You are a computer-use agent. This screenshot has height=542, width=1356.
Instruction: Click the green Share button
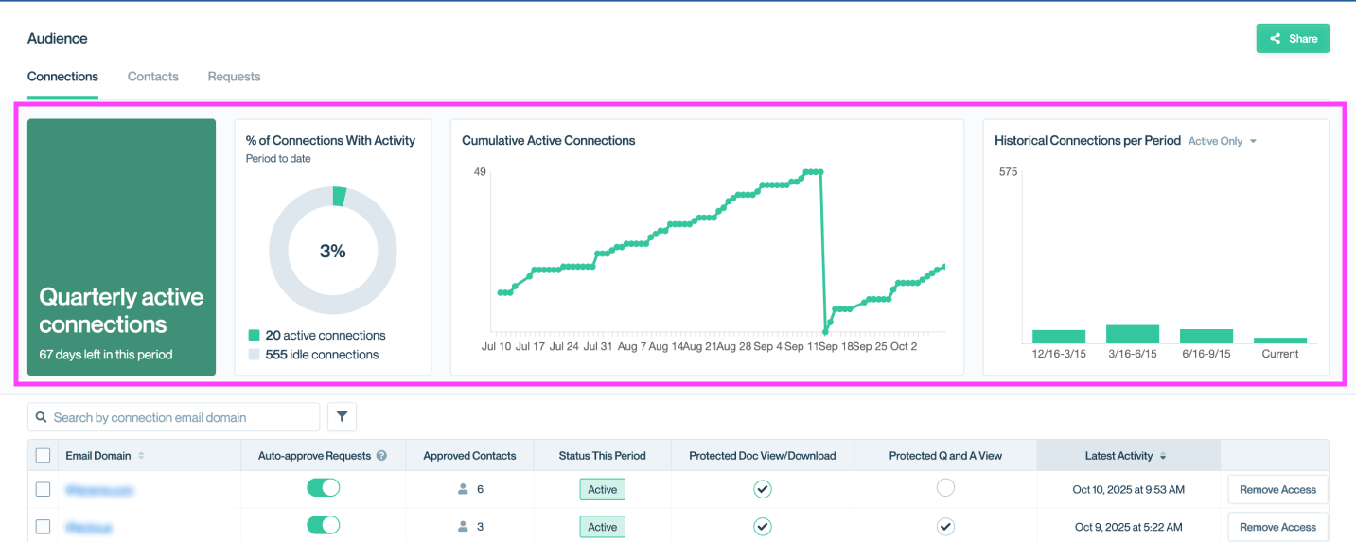pos(1292,39)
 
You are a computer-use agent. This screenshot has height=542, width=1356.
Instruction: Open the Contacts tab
pos(153,77)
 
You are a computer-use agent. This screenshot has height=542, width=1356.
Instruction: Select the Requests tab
pos(234,77)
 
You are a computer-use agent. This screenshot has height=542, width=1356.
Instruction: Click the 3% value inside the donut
pos(332,252)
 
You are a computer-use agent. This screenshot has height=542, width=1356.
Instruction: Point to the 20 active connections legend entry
pos(317,336)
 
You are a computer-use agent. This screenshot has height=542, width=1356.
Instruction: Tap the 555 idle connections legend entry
pos(313,355)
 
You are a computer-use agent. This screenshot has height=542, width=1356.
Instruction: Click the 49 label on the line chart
pos(480,172)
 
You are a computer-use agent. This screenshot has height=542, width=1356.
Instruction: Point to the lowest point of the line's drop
pos(826,332)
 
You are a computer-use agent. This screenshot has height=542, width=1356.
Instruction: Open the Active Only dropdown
pos(1223,141)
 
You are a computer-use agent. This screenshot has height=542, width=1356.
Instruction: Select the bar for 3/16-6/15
pos(1133,334)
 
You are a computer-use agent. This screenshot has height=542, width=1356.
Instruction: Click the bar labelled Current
pos(1279,341)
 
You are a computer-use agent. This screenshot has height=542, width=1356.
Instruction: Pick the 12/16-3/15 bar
pos(1059,337)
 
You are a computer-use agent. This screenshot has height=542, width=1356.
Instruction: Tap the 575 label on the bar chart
pos(1008,172)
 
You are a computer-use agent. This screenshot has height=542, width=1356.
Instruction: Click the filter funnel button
pos(342,417)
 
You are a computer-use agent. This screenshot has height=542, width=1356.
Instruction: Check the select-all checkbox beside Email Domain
pos(43,456)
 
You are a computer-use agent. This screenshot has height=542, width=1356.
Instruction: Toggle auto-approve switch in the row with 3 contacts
pos(323,526)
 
